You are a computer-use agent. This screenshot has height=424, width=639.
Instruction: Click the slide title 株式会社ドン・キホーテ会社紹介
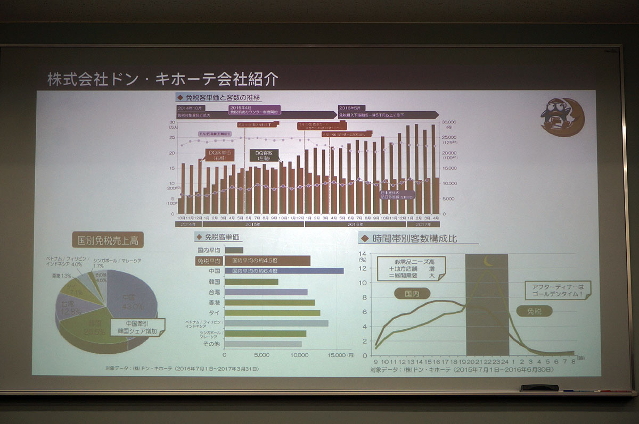coord(162,80)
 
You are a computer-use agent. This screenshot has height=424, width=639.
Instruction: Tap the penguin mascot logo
coord(562,117)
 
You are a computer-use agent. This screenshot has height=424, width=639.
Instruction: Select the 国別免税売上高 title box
coord(108,240)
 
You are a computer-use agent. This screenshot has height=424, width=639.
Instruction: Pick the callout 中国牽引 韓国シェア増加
coord(138,326)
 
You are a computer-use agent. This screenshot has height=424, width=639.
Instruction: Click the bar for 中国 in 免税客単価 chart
coord(284,271)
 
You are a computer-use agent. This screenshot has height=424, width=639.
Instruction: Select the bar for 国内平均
coord(234,250)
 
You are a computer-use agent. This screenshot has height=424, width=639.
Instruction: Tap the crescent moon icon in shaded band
coord(488,261)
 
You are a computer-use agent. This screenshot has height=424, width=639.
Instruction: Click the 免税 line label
coord(534,311)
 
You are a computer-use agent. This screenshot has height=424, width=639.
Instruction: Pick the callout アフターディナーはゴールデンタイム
coord(554,290)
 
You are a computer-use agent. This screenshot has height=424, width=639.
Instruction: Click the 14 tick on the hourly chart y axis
coord(364,254)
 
